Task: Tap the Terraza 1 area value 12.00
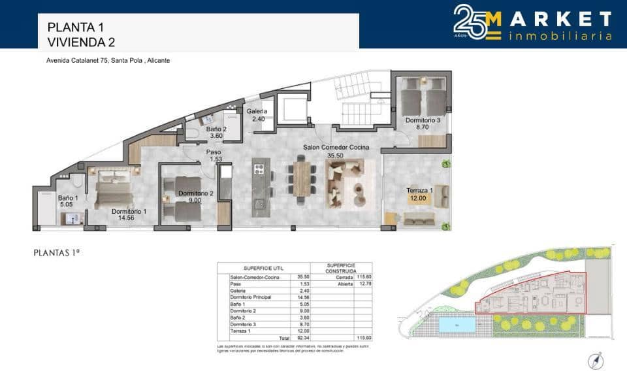tap(417, 198)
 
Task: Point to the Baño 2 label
tap(216, 129)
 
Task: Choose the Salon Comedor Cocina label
tap(336, 148)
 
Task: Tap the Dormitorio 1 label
tap(129, 211)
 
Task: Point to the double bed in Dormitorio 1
tap(114, 189)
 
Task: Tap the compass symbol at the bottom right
tap(595, 359)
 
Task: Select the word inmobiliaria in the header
tap(560, 35)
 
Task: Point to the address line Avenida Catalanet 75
tap(108, 60)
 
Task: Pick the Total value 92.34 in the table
tap(303, 338)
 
